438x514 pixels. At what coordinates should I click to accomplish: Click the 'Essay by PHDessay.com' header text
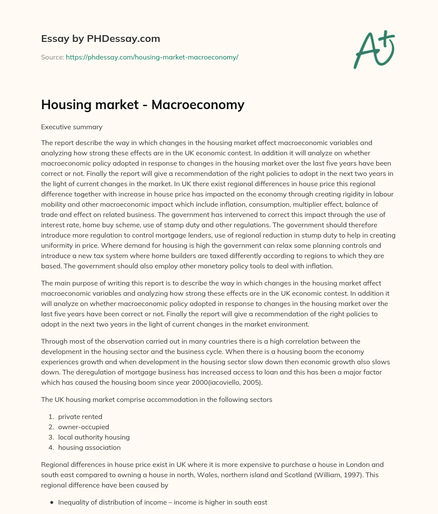(101, 39)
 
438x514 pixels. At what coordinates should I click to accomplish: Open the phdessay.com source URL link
(152, 57)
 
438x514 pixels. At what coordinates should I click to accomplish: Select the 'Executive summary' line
(71, 127)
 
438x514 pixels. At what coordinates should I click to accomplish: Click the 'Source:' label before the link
(52, 57)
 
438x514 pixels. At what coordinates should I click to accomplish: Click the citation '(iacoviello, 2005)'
(231, 382)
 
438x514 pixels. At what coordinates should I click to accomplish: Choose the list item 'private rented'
(80, 416)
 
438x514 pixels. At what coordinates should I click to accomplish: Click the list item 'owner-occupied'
(83, 427)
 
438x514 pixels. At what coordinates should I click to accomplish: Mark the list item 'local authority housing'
(94, 437)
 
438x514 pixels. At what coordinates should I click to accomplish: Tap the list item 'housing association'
(89, 447)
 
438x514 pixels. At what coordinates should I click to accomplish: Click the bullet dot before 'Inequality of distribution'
(52, 502)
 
